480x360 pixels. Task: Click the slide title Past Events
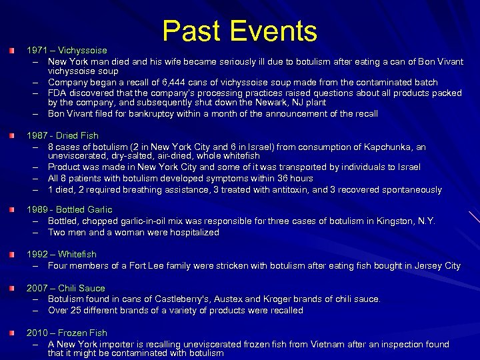tap(240, 31)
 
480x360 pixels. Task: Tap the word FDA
tap(57, 93)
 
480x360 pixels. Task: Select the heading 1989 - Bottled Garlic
tap(69, 210)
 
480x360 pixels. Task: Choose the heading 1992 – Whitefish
tap(61, 254)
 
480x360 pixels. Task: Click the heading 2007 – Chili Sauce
tap(65, 288)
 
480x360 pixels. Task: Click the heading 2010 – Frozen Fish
tap(67, 333)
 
